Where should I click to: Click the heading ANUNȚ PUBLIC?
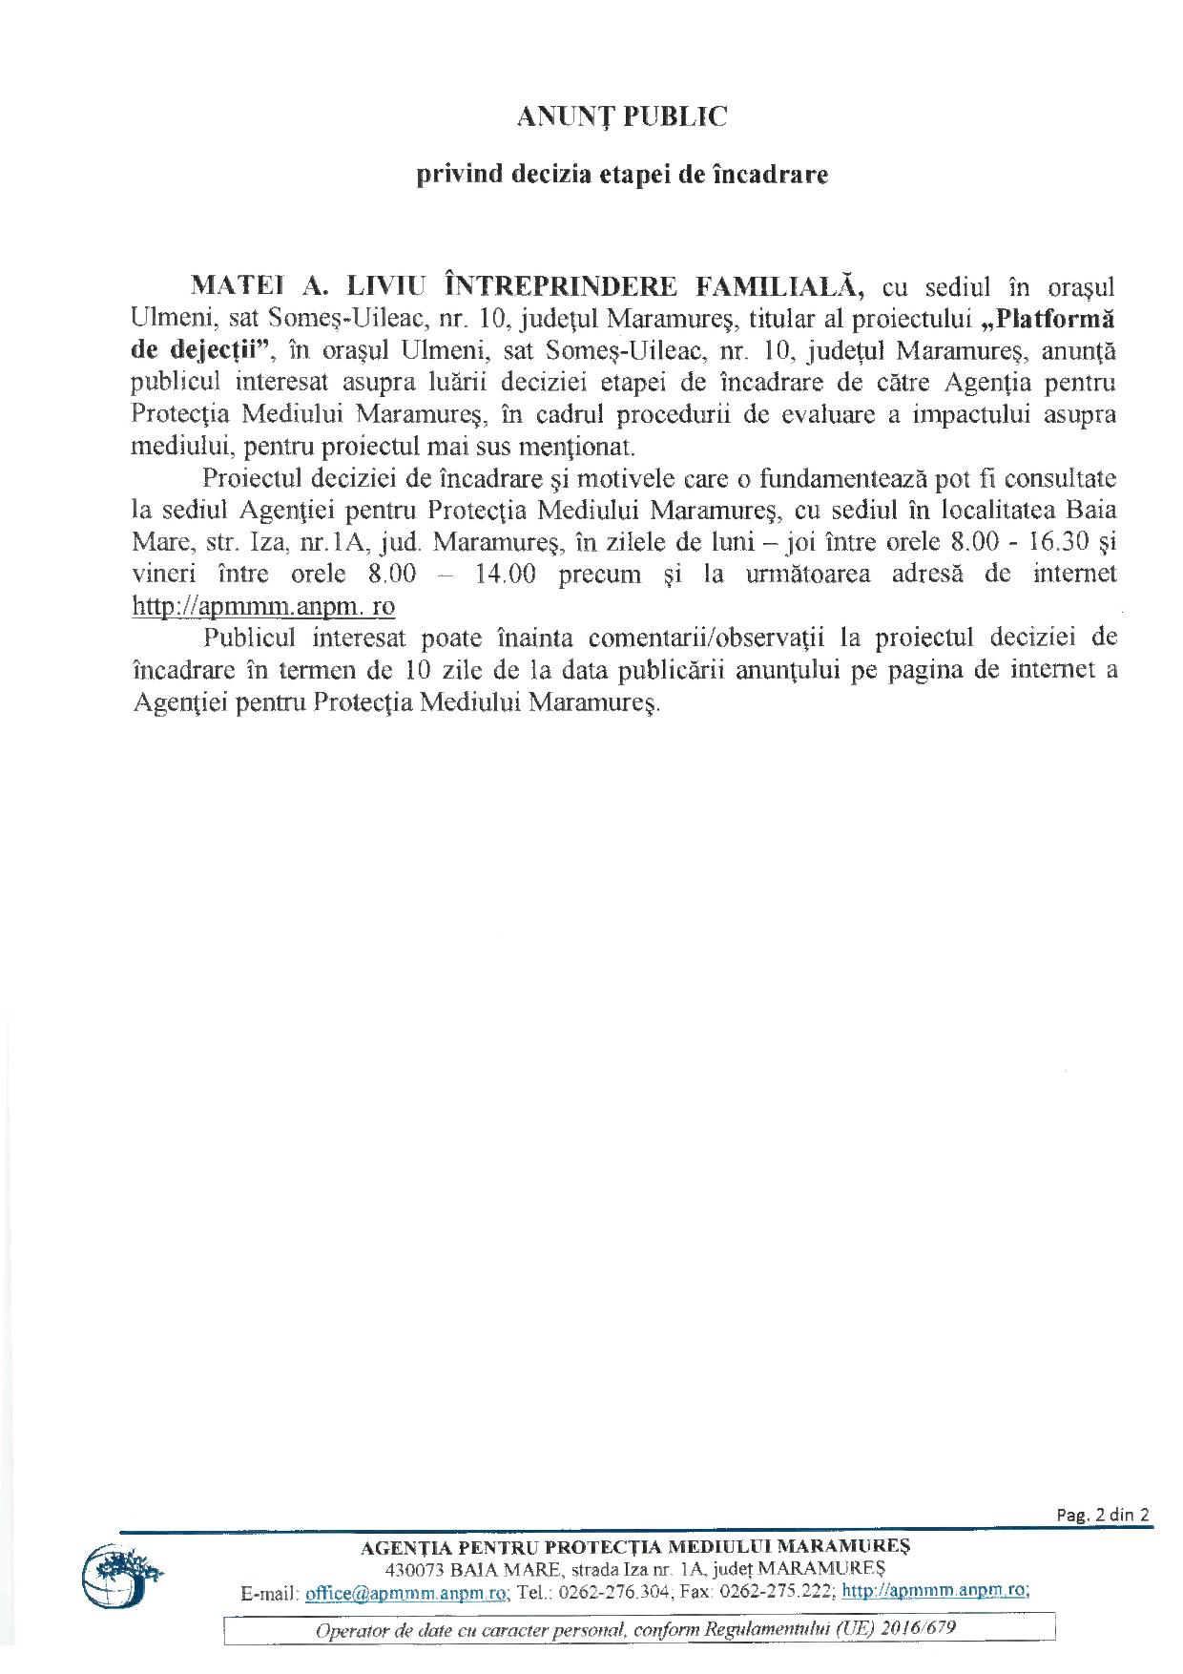click(622, 116)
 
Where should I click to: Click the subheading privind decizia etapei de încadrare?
click(622, 176)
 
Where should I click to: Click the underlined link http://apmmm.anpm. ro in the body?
click(263, 607)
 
